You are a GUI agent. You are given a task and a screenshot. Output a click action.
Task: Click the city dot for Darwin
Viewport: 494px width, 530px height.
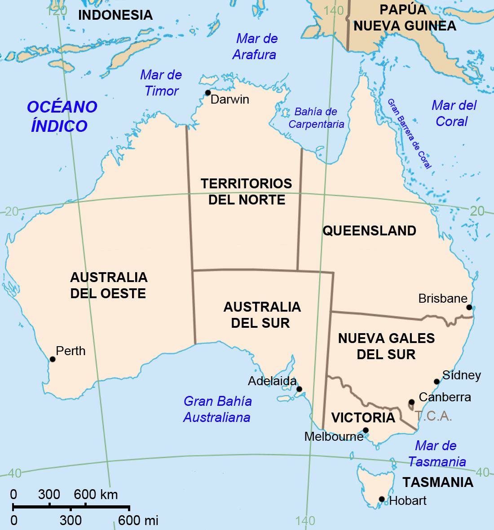208,93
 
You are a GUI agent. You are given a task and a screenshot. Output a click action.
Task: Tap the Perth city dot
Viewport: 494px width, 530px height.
53,359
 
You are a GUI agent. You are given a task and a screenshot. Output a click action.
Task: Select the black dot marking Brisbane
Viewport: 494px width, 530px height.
469,307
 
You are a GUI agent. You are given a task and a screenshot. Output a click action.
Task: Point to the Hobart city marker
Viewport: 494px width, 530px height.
381,499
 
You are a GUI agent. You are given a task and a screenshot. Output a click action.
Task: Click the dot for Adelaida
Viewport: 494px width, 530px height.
299,389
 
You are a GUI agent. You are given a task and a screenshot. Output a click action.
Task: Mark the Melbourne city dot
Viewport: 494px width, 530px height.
366,430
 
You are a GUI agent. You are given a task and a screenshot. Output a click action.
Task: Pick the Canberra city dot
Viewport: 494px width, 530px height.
411,402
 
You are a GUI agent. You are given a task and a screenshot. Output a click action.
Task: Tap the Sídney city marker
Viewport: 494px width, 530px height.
437,382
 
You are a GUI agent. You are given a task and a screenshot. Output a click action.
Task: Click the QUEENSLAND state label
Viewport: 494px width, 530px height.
369,231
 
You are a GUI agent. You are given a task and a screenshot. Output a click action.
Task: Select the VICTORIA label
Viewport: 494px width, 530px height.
363,417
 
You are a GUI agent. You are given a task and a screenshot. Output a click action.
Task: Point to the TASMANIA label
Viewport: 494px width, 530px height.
438,482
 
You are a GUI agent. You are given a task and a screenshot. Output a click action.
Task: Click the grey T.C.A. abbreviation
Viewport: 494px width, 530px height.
433,416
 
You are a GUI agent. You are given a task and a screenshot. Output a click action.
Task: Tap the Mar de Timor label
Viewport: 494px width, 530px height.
161,83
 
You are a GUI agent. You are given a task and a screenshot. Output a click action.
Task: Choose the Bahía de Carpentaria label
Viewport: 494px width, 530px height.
316,118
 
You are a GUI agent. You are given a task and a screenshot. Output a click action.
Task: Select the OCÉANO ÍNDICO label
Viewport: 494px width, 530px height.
61,117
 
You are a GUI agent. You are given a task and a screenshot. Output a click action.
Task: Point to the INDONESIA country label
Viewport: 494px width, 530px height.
115,15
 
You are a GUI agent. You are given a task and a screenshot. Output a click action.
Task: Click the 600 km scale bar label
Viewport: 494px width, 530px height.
96,495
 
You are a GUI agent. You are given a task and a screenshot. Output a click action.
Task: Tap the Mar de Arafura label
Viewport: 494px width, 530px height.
255,47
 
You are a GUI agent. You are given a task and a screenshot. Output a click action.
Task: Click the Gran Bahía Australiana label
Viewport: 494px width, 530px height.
217,409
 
